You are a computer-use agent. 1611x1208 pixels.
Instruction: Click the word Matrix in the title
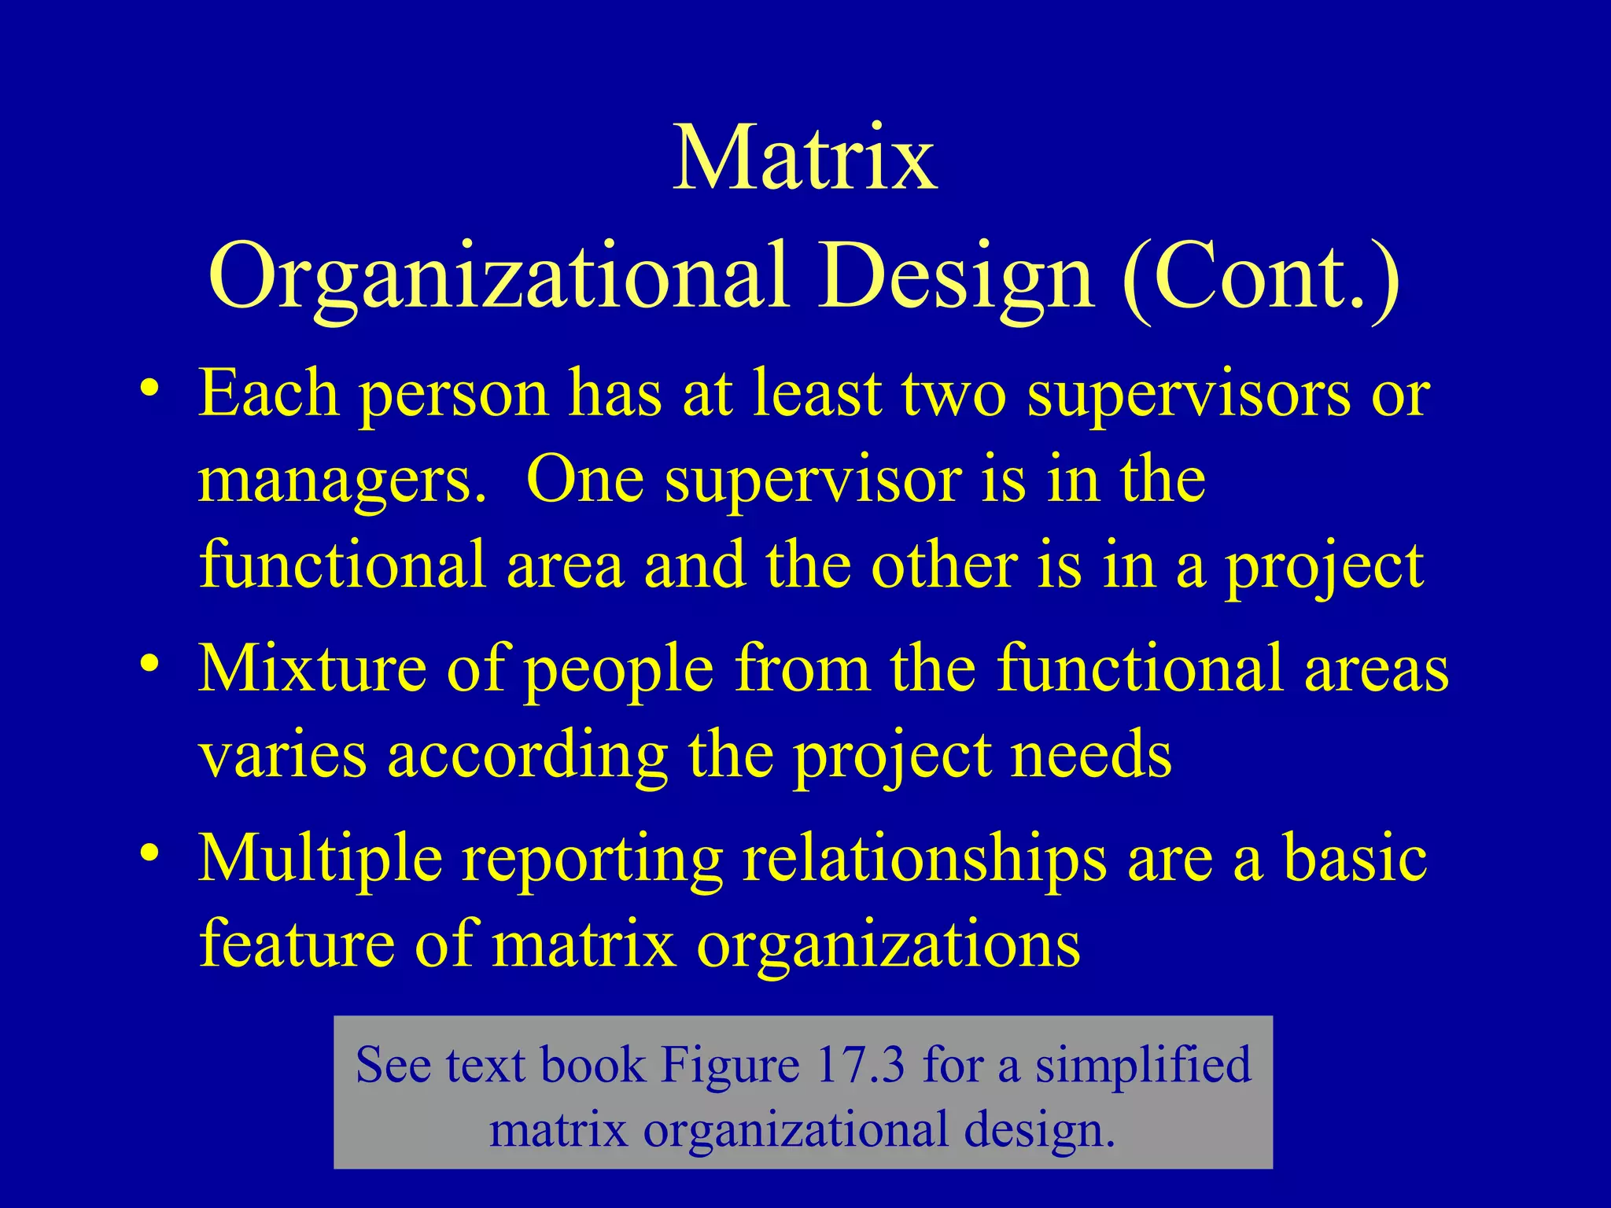tap(805, 160)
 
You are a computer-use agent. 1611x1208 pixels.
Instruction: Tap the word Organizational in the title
tap(498, 277)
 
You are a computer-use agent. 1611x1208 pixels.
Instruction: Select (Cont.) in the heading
tap(1261, 277)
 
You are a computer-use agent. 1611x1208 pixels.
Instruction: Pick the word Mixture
tap(312, 668)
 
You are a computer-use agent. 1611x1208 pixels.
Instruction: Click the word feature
tap(297, 943)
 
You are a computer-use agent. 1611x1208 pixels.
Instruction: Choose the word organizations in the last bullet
tap(888, 945)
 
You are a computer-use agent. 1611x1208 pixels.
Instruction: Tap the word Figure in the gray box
tap(730, 1065)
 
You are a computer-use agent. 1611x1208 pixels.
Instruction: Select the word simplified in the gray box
tap(1142, 1065)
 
